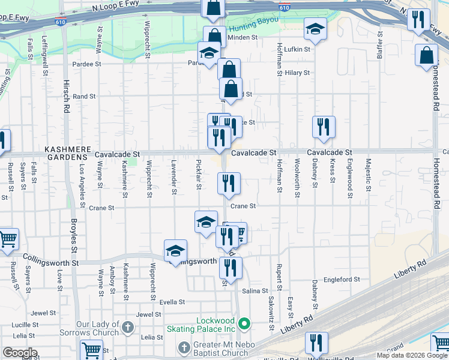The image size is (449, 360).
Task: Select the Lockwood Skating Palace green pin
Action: [244, 325]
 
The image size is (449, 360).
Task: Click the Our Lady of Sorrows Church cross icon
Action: [127, 328]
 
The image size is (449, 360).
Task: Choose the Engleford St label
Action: [342, 279]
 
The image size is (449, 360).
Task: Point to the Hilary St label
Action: [297, 73]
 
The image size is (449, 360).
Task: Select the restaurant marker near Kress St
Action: [324, 127]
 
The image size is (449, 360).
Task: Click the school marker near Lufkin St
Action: [315, 29]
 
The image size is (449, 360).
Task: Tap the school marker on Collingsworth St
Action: [175, 251]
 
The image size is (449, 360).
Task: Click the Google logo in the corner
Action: [19, 353]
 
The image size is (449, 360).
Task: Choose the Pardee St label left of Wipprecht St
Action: [85, 63]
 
